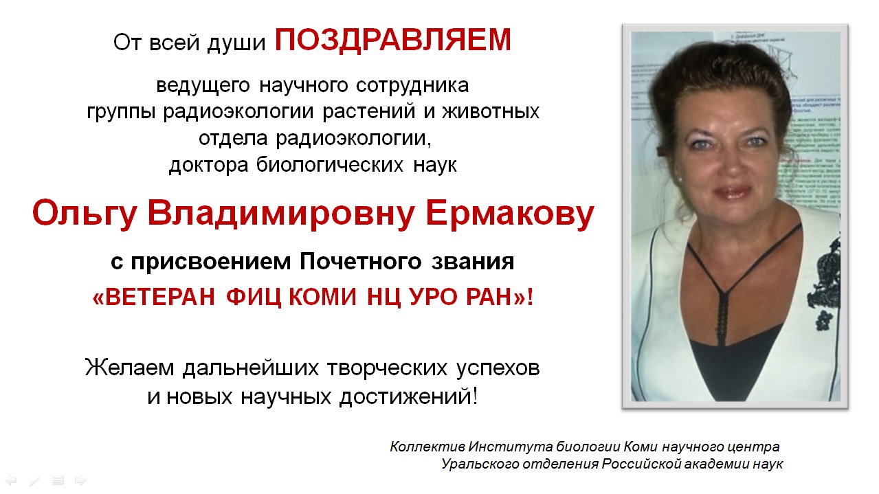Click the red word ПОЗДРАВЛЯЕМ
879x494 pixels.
(393, 41)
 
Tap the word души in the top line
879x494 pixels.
(236, 43)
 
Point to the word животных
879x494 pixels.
(491, 111)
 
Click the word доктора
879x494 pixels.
(209, 165)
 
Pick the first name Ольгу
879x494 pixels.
(85, 214)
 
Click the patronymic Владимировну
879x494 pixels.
(281, 214)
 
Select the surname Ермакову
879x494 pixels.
(510, 214)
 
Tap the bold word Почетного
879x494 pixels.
(361, 261)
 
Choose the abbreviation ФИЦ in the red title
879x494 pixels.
(254, 297)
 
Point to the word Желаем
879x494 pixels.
(129, 368)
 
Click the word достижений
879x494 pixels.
(409, 397)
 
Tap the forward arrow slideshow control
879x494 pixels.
(80, 480)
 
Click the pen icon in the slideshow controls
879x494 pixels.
(34, 480)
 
